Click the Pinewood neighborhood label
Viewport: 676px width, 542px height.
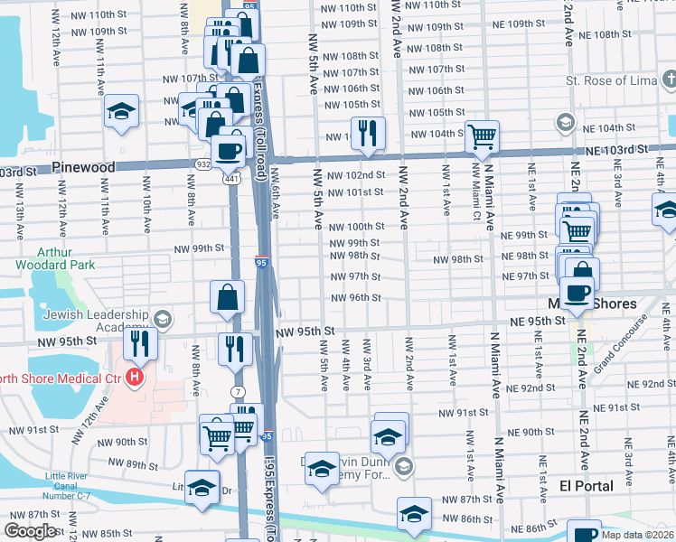(83, 167)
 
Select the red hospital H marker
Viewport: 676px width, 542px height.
(136, 376)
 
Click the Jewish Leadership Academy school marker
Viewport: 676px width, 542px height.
(163, 318)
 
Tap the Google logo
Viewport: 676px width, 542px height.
(30, 532)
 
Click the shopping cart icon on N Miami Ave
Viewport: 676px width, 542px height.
(483, 136)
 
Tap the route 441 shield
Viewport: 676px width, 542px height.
(230, 179)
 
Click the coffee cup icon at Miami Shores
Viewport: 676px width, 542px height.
(578, 294)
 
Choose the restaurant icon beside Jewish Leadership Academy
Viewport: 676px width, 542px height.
(139, 343)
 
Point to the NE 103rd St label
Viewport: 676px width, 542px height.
(616, 149)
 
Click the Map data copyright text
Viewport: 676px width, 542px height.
(636, 535)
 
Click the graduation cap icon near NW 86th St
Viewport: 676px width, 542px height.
(414, 515)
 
